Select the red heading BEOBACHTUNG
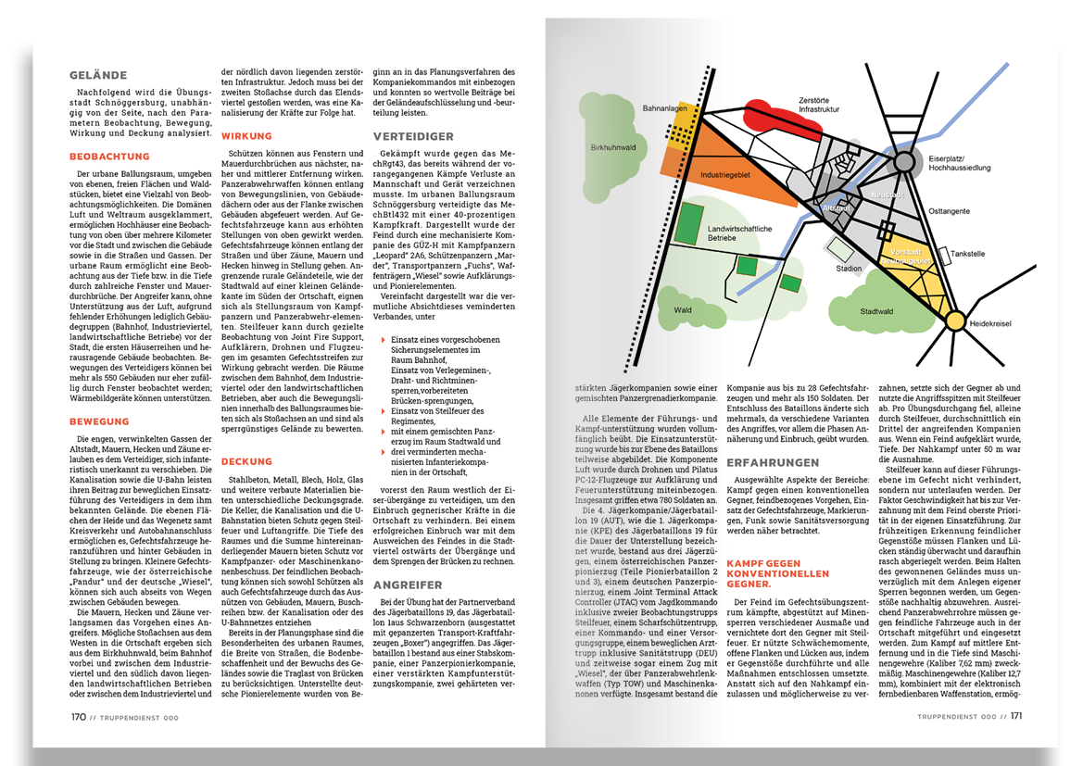pyautogui.click(x=109, y=157)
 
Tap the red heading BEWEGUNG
pyautogui.click(x=99, y=421)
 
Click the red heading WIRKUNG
pyautogui.click(x=246, y=136)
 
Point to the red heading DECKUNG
pyautogui.click(x=247, y=460)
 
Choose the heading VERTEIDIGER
pyautogui.click(x=414, y=135)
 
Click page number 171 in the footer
pyautogui.click(x=1016, y=716)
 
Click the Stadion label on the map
pyautogui.click(x=848, y=270)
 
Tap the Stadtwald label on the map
pyautogui.click(x=876, y=311)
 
